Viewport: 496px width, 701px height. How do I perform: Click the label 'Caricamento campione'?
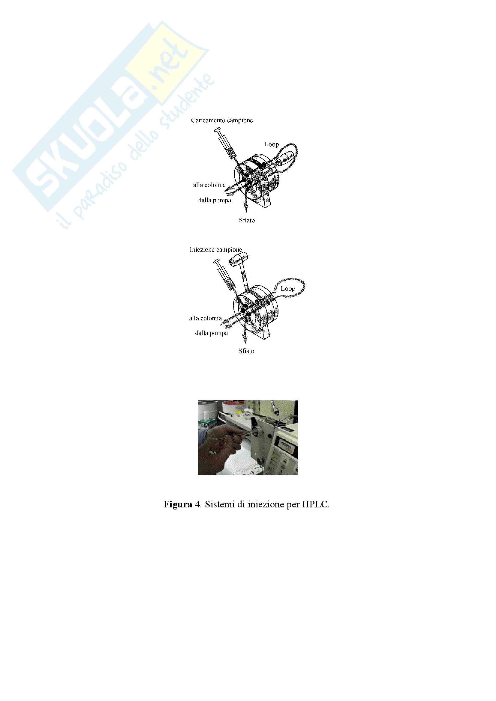[222, 120]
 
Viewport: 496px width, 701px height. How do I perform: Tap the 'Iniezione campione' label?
[216, 250]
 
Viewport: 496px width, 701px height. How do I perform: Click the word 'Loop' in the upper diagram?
[271, 144]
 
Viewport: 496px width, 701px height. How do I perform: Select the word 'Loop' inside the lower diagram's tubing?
[288, 289]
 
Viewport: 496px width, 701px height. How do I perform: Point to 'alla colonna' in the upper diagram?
[209, 185]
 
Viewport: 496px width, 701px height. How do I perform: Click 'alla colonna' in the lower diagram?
[205, 319]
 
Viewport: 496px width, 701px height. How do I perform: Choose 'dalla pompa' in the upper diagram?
[215, 200]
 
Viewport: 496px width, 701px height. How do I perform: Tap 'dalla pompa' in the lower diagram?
[212, 333]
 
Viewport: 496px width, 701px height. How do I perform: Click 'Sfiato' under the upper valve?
[247, 221]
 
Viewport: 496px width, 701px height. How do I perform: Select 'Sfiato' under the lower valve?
[246, 351]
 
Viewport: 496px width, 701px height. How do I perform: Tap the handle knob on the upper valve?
[284, 160]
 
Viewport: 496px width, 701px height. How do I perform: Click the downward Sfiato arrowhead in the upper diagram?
[245, 207]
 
